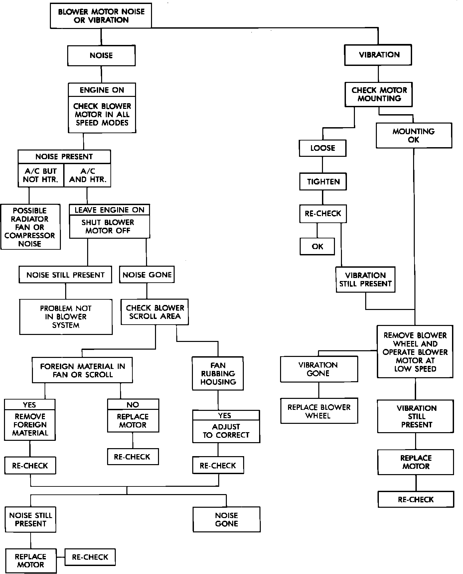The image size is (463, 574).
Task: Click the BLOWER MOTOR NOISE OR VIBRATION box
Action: (x=101, y=16)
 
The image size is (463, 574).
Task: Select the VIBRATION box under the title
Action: (x=379, y=55)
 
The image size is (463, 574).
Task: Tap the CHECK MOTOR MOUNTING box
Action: (x=379, y=94)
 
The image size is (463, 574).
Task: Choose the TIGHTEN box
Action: (x=323, y=182)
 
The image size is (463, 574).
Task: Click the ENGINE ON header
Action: (x=102, y=90)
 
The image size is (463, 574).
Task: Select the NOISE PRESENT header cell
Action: (x=64, y=156)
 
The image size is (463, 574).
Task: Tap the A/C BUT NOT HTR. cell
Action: (x=41, y=175)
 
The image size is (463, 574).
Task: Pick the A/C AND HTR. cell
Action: (x=87, y=175)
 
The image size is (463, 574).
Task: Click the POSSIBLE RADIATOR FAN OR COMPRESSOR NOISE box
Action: (x=30, y=227)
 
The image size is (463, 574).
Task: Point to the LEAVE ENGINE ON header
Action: (x=109, y=210)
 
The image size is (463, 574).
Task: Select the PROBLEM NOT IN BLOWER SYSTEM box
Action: (x=66, y=317)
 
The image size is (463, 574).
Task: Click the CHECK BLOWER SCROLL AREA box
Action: (x=155, y=312)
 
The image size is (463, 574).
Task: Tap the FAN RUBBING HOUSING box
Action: (x=218, y=374)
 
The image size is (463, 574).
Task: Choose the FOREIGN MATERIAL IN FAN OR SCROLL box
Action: (x=82, y=370)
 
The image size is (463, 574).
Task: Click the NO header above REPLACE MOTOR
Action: (x=133, y=405)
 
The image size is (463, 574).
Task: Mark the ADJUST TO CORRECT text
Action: (x=226, y=431)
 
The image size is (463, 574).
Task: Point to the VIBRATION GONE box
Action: (x=319, y=369)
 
